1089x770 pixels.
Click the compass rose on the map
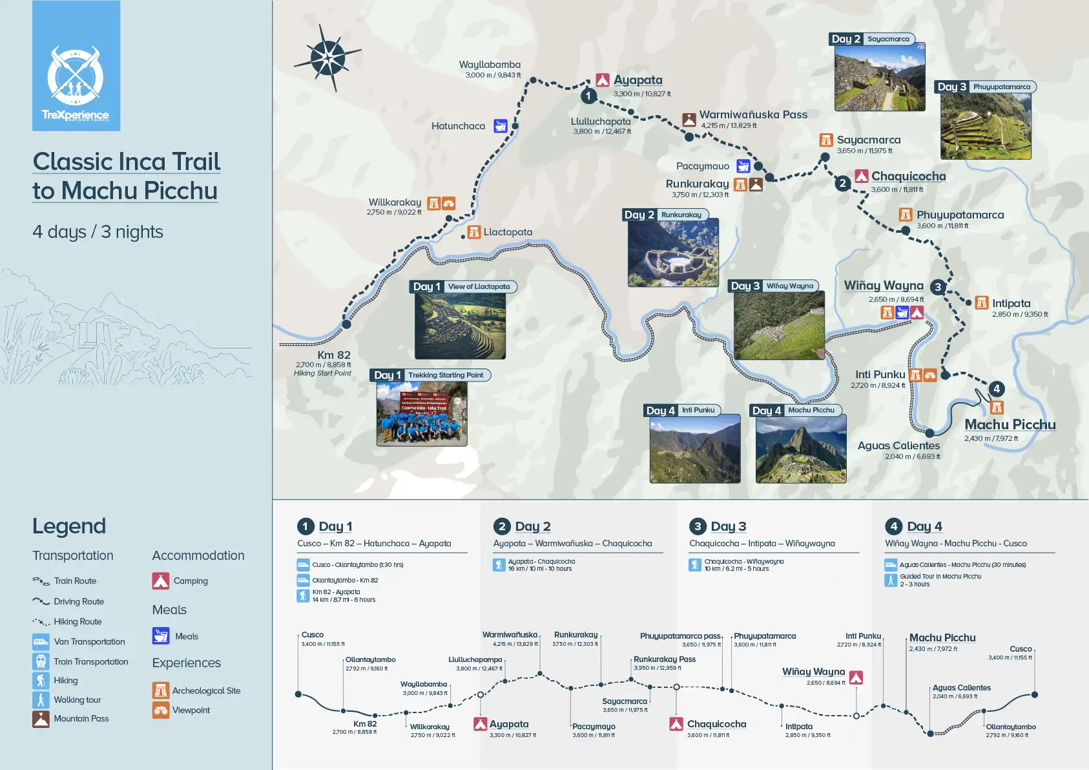click(x=328, y=58)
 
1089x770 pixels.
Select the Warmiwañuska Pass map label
click(x=753, y=114)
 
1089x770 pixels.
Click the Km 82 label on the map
click(x=334, y=355)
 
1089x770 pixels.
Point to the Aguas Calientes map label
click(x=898, y=445)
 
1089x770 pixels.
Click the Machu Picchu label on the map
click(x=1010, y=425)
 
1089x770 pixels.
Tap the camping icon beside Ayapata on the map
click(x=603, y=80)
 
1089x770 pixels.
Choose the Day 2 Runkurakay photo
click(x=673, y=253)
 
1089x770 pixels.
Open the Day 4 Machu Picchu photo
click(x=801, y=449)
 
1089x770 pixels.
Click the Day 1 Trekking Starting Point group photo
click(x=422, y=414)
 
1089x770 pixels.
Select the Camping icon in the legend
click(x=161, y=581)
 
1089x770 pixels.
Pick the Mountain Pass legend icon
click(x=41, y=719)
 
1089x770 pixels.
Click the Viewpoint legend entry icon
click(x=161, y=711)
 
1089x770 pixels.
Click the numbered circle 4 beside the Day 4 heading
click(x=894, y=526)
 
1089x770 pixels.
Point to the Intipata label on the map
click(x=1011, y=303)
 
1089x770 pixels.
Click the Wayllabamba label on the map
click(x=490, y=65)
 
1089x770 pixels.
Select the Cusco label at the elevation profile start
click(x=313, y=635)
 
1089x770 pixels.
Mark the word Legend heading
click(x=69, y=526)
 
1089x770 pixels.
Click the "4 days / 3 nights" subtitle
click(x=98, y=231)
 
